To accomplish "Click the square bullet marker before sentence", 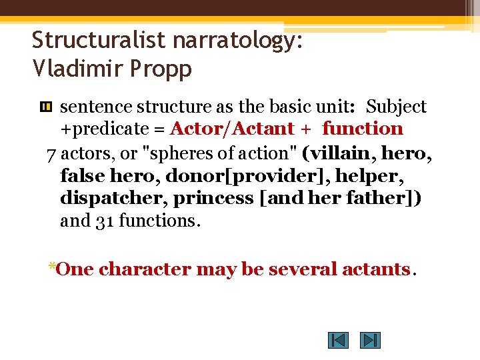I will tap(46, 107).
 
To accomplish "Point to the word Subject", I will tap(396, 107).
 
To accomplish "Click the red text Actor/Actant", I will tap(232, 129).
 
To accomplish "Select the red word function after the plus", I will tap(363, 129).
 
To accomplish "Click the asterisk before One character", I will tap(51, 267).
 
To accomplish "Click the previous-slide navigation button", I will tap(338, 341).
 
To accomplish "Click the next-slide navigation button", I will tap(370, 341).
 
